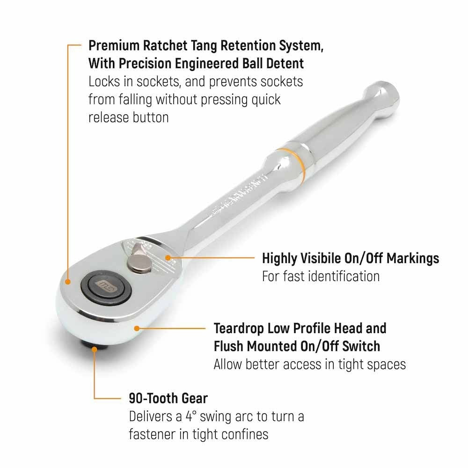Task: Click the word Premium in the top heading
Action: pos(114,46)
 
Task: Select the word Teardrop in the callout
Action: pos(239,329)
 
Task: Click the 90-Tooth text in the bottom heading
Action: pos(149,398)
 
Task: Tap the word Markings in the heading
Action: pos(413,259)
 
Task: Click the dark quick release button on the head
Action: pos(107,288)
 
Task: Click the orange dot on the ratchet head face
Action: pos(68,281)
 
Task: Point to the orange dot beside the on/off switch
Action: pos(168,257)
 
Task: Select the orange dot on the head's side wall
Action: pos(137,329)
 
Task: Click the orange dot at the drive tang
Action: pos(95,349)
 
